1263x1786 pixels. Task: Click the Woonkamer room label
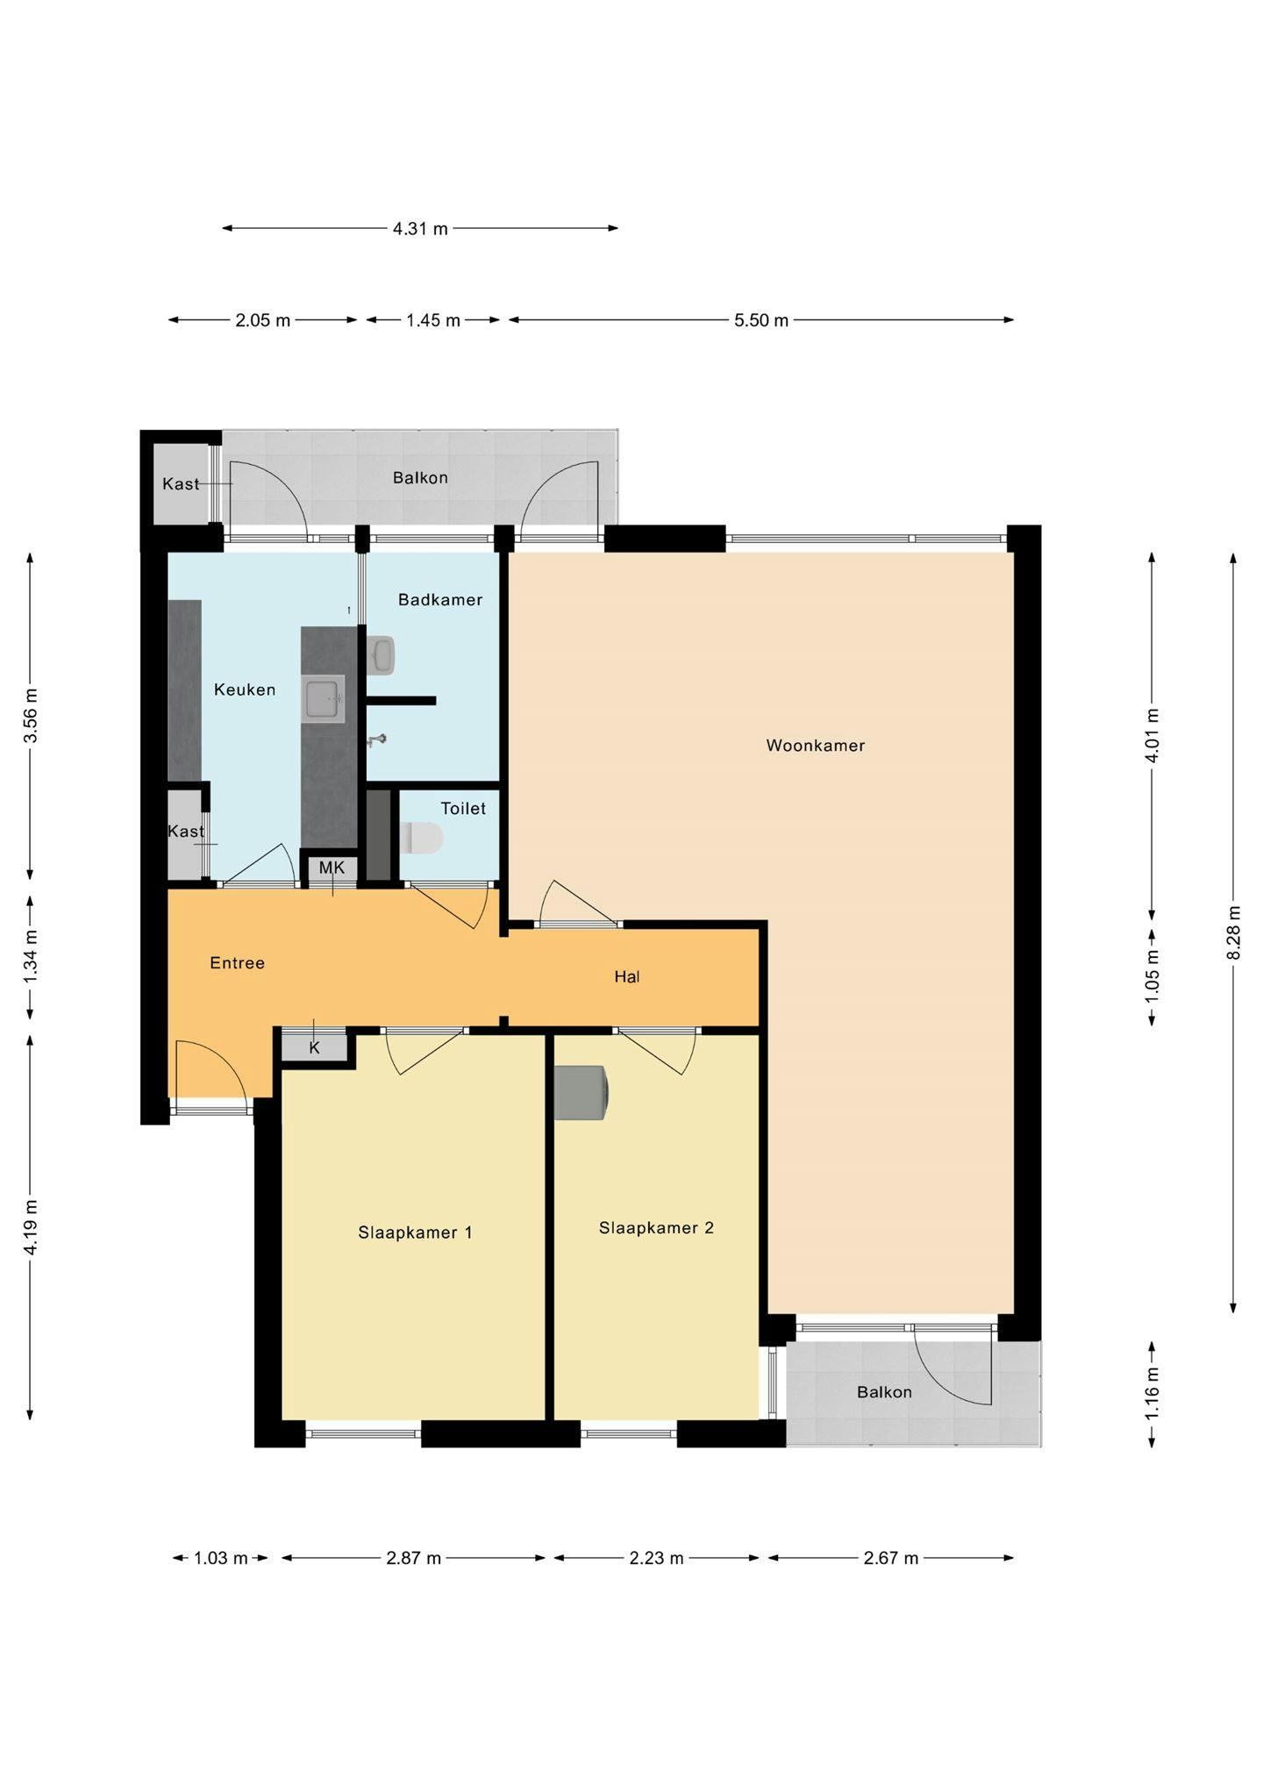pos(815,746)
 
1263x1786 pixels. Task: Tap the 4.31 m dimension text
pos(420,229)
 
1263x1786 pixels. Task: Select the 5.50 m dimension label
pos(760,320)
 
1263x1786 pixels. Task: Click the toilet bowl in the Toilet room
pos(422,838)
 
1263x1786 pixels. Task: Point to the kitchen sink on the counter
pos(323,698)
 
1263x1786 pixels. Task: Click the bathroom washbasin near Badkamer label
pos(382,654)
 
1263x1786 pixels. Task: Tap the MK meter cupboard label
pos(332,868)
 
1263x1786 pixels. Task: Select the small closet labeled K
pos(314,1047)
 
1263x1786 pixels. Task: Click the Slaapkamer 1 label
pos(415,1232)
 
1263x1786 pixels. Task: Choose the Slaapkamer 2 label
pos(656,1228)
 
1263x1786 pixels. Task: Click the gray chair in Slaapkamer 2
pos(580,1092)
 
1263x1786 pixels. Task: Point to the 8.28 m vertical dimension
pos(1233,932)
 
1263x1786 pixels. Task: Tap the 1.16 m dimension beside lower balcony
pos(1152,1394)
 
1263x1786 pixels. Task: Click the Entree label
pos(237,963)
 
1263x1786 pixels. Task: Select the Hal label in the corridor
pos(626,976)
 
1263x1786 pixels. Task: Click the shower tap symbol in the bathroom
pos(377,740)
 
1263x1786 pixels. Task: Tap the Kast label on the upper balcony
pos(181,484)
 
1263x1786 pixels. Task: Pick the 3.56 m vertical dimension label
pos(31,715)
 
